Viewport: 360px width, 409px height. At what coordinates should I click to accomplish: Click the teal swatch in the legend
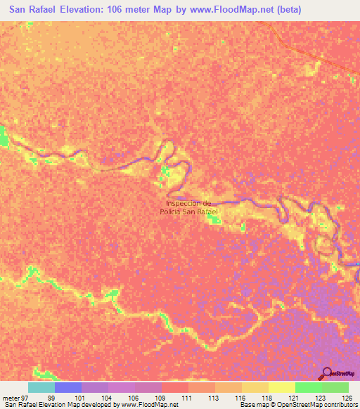coord(41,387)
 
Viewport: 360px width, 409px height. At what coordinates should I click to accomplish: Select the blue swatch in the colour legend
coord(68,387)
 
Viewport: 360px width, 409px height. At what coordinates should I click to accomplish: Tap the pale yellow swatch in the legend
coord(281,387)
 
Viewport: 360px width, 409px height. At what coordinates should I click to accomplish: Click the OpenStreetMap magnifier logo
coord(326,372)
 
